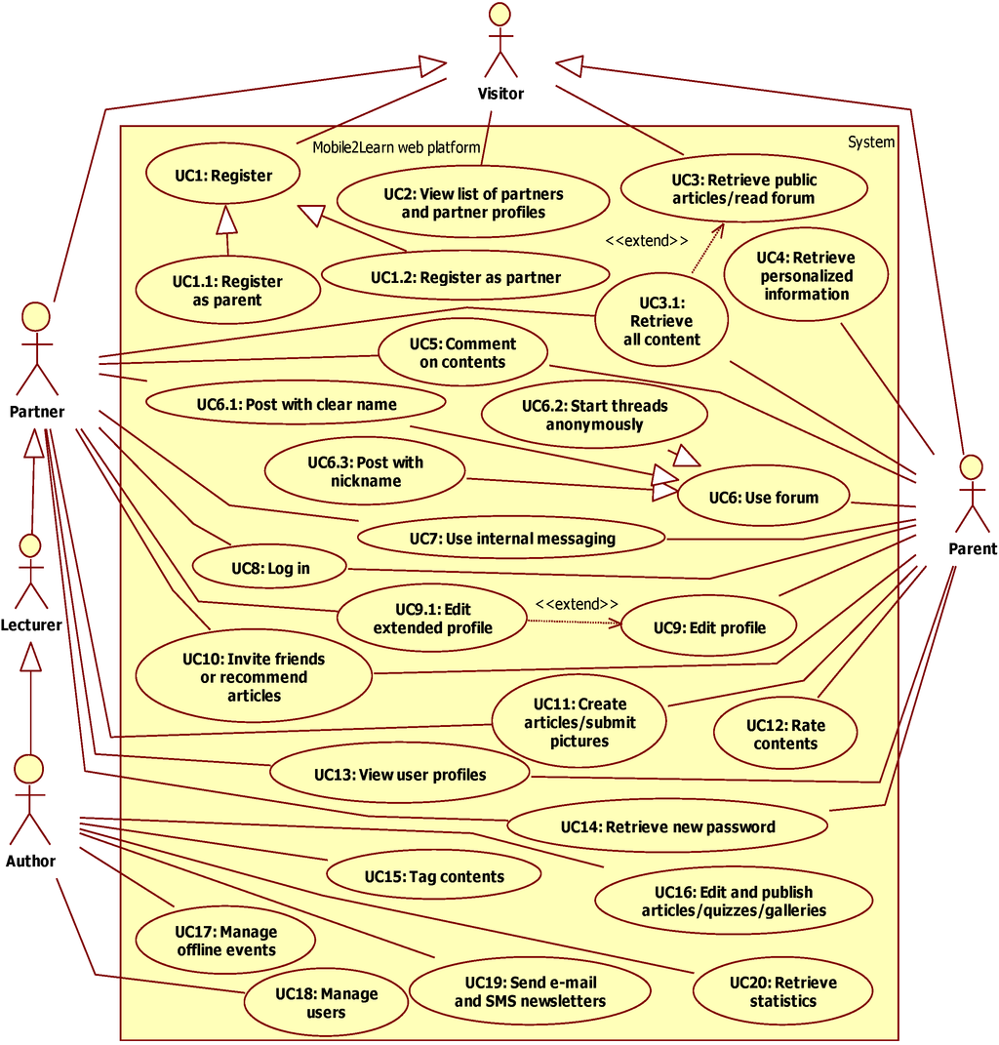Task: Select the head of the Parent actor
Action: pos(970,464)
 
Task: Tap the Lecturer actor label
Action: pos(31,624)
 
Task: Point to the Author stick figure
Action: pos(30,803)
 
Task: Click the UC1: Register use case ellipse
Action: pos(223,177)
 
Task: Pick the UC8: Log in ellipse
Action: pos(270,568)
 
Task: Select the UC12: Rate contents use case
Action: pos(785,735)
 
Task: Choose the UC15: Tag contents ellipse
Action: pos(434,876)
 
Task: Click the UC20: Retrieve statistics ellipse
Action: pos(782,991)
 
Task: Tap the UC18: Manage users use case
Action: pos(326,1003)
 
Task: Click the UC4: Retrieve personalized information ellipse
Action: pos(806,276)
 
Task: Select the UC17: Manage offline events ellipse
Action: pos(225,941)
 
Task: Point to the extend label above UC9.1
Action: pos(576,604)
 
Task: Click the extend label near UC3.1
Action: pos(647,241)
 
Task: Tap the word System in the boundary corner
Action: pos(870,142)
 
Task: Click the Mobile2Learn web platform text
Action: pos(396,147)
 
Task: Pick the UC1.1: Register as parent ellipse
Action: pos(227,291)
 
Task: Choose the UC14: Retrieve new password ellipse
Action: pos(667,827)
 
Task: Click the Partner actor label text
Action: pos(37,411)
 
